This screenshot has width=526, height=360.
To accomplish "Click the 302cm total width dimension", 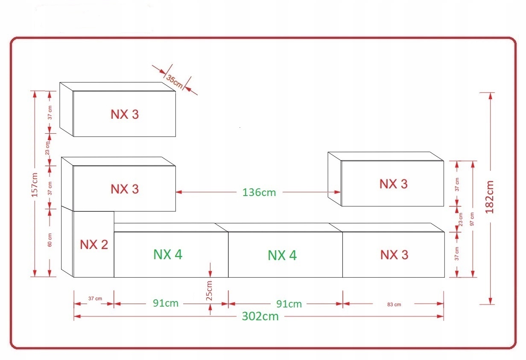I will click(260, 316).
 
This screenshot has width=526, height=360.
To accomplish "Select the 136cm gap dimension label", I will click(259, 193).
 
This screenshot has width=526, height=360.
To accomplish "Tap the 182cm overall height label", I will click(490, 197).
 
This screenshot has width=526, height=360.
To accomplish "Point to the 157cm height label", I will click(35, 184).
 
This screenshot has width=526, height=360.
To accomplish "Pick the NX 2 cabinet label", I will click(94, 245).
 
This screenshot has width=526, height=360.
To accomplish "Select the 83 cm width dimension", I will click(394, 304).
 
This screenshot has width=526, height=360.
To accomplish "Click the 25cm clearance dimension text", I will click(210, 291).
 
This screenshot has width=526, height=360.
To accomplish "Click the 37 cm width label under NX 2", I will click(95, 299).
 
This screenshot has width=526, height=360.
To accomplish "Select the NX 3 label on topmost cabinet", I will click(125, 114).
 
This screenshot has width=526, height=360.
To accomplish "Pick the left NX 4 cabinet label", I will click(168, 255).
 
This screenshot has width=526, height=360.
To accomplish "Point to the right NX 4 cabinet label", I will click(282, 255).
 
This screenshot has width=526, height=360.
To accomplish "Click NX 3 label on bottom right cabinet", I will click(394, 255).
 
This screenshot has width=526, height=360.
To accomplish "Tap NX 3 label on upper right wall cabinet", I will click(393, 184).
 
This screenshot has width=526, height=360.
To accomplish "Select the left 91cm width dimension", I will click(166, 304).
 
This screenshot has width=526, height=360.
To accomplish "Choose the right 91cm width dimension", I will click(289, 304).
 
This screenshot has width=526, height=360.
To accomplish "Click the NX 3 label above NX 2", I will click(125, 189).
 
